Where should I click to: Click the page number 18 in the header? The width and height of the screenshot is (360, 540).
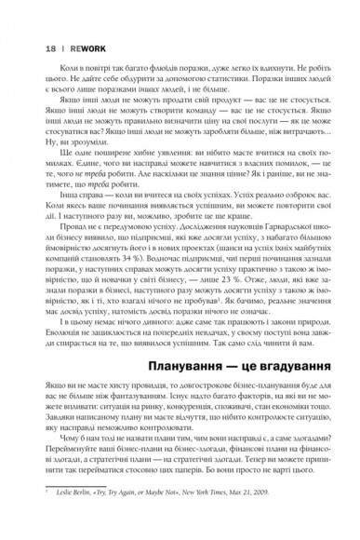[x=24, y=46]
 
